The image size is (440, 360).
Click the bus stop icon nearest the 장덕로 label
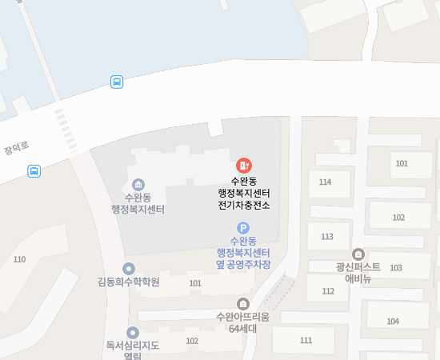34,170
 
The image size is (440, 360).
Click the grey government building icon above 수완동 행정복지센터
138,184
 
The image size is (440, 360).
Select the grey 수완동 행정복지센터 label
138,203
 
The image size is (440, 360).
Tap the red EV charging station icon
244,165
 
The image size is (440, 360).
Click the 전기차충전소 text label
244,205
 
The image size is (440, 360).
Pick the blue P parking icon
243,227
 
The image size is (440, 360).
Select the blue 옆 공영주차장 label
243,263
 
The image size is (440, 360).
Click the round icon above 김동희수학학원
129,268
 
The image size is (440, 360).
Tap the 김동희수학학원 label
129,282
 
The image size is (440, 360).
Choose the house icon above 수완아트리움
243,303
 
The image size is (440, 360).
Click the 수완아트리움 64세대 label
243,322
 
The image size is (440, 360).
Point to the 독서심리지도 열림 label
133,351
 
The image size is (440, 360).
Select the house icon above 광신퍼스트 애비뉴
357,254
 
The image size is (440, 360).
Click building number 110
19,259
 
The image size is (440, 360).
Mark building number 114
325,182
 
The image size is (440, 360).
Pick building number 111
306,341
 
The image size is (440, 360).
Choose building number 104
393,322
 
